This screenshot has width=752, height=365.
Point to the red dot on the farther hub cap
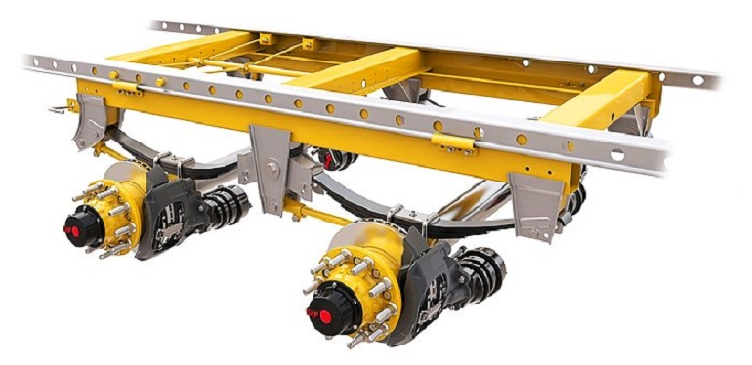[70, 232]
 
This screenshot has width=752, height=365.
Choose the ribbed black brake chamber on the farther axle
[224, 204]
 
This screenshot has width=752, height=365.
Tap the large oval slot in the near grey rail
[616, 154]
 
